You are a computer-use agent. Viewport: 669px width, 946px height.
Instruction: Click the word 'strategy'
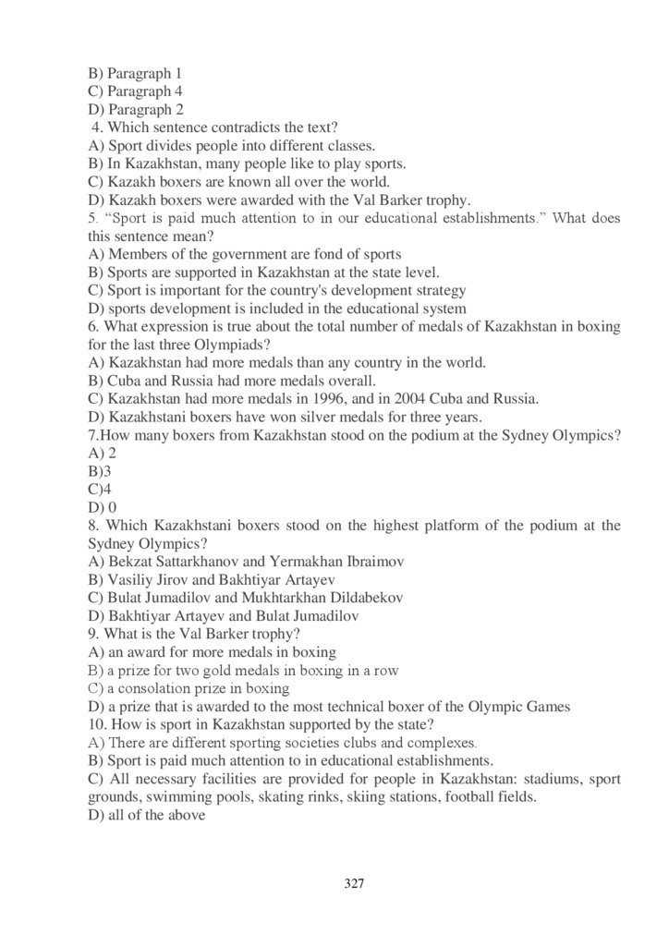[x=437, y=290]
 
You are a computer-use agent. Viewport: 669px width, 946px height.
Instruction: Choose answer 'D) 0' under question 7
[x=102, y=507]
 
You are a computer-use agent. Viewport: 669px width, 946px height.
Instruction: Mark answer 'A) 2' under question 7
[x=101, y=453]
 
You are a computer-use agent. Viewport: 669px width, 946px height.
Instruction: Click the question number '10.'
[x=97, y=723]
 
